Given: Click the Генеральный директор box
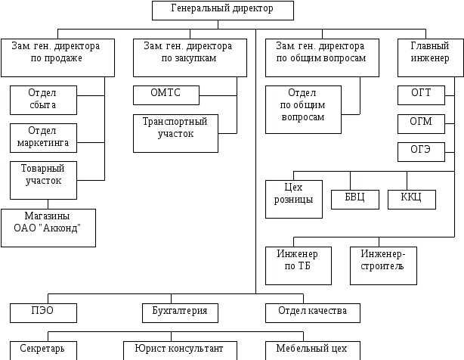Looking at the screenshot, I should tap(222, 10).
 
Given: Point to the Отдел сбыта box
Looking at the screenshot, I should tap(43, 99).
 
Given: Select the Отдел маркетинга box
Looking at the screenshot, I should tap(43, 137).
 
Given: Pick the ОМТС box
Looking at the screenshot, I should tap(166, 95).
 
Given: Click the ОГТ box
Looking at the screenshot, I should tap(421, 95).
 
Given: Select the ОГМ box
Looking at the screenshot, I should tap(421, 123).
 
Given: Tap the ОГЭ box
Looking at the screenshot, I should tap(421, 151).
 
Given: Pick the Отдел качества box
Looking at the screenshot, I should tap(313, 312).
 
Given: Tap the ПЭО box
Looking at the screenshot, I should tap(43, 312).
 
